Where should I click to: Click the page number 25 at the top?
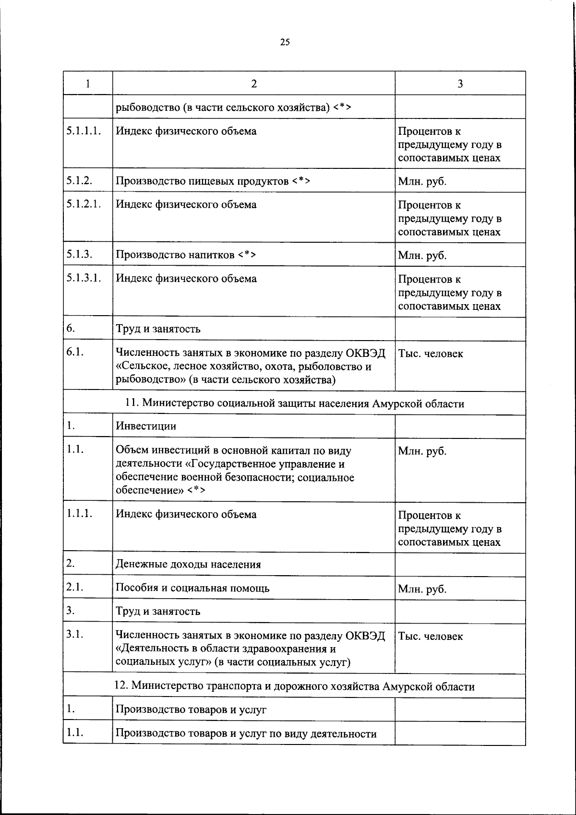click(285, 42)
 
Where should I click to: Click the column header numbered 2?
click(253, 83)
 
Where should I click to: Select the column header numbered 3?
click(460, 83)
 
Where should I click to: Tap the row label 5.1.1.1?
click(84, 131)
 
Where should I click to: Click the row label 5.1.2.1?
click(84, 204)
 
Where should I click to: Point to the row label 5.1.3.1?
click(84, 278)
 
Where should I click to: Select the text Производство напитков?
click(176, 255)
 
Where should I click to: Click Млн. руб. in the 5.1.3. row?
click(422, 255)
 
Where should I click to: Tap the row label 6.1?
click(75, 352)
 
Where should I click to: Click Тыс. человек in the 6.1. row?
click(430, 354)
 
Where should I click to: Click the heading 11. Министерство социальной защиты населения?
click(294, 403)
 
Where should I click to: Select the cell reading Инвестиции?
click(146, 426)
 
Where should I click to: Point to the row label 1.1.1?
click(79, 513)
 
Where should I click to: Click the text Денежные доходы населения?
click(188, 564)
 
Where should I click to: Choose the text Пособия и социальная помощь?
click(192, 588)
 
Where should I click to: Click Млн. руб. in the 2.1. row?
click(422, 589)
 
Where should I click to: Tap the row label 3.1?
click(75, 634)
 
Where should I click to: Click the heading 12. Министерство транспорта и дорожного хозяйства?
click(294, 686)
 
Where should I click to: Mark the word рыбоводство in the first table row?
click(147, 107)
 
